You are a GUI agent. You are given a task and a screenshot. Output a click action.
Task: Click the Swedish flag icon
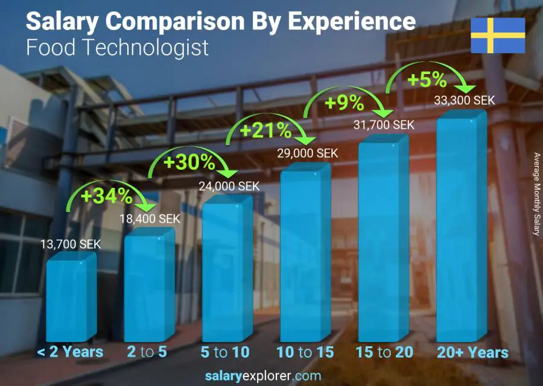point(498,36)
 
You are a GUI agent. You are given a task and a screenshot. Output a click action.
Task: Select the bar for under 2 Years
point(71,298)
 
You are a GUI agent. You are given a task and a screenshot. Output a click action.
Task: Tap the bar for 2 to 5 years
point(149,286)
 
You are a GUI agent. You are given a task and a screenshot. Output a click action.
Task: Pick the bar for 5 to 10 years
point(227,271)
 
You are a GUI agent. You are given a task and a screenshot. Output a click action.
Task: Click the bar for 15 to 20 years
point(383,241)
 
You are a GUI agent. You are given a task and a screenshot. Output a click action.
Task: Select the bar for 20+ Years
point(461,232)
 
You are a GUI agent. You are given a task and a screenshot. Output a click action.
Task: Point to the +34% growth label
point(106,196)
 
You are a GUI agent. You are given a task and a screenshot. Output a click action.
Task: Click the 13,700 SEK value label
point(71,244)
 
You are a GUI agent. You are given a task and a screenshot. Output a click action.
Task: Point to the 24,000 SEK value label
point(229,187)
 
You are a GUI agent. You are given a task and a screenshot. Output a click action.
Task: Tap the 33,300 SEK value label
point(464,101)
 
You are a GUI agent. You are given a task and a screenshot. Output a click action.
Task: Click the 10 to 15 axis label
point(305,352)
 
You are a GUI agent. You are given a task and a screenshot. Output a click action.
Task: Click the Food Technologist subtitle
point(118,47)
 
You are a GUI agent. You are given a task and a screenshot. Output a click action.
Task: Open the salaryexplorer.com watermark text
point(271,376)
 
